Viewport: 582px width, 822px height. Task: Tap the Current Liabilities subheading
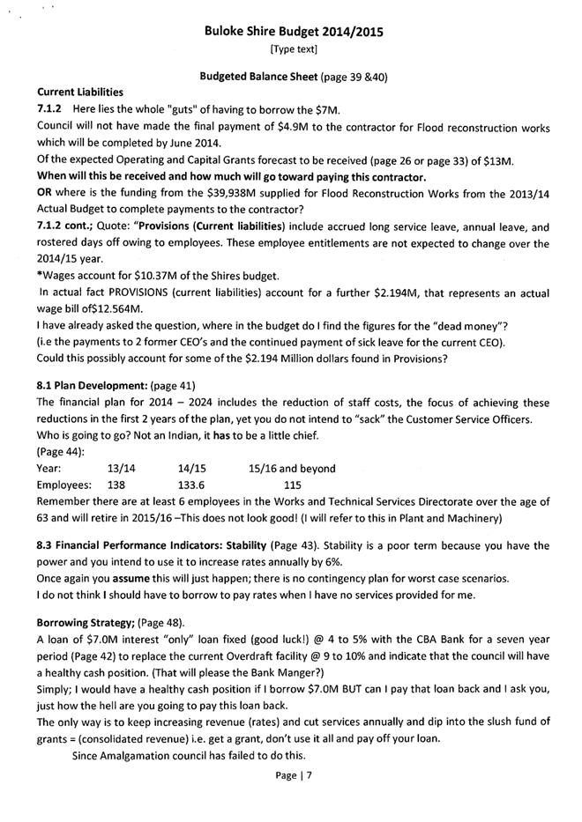pyautogui.click(x=80, y=92)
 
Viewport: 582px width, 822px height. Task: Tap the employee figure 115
pyautogui.click(x=291, y=485)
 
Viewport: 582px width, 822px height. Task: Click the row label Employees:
pyautogui.click(x=64, y=485)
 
